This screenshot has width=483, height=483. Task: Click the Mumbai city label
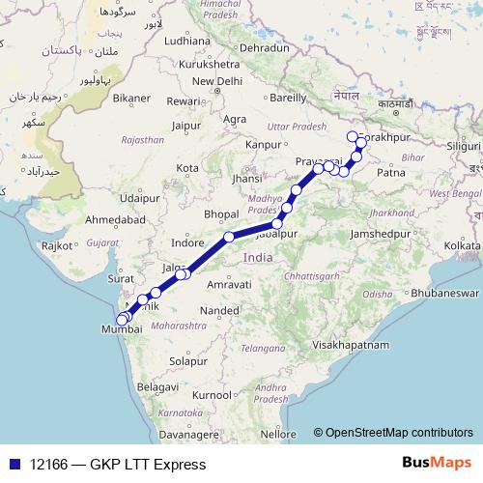pos(120,329)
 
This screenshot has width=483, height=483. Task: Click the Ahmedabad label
pos(116,220)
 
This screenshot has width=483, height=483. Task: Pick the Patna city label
pos(392,173)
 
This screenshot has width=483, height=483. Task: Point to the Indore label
pos(187,242)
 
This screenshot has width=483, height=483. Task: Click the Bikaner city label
pos(131,98)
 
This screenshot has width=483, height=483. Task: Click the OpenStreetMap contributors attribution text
pos(398,433)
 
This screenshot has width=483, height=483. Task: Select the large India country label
pos(258,258)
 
